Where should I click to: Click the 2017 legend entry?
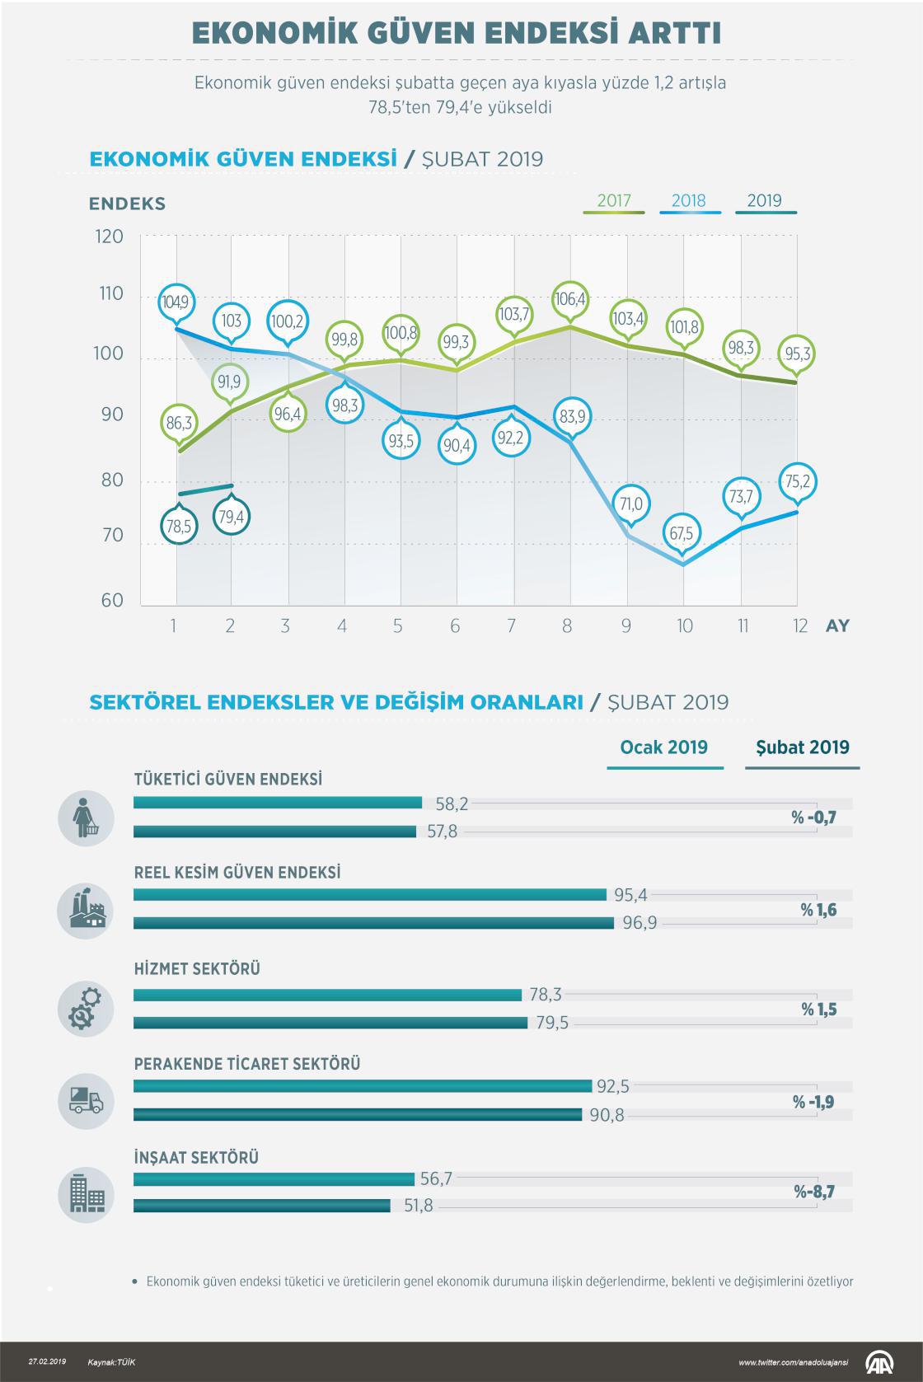pos(614,201)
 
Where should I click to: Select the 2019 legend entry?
pos(764,201)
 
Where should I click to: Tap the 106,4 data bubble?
pos(570,299)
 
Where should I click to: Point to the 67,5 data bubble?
pos(682,533)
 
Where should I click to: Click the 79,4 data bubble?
pos(231,517)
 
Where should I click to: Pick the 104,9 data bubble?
pos(175,302)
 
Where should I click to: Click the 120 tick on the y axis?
pos(110,237)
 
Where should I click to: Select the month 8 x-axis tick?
pos(567,626)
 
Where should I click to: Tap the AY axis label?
pos(837,626)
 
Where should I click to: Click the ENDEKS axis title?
pos(127,204)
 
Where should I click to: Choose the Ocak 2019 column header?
pos(664,747)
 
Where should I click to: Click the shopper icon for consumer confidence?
pos(85,817)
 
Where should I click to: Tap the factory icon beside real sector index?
pos(85,911)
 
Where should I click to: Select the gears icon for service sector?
pos(85,1009)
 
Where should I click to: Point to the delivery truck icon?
pos(85,1101)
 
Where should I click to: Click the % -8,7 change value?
pos(814,1192)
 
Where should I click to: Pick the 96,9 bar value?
pos(640,923)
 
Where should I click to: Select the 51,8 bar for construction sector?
pos(262,1206)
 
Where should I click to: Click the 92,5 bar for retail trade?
pos(363,1086)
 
